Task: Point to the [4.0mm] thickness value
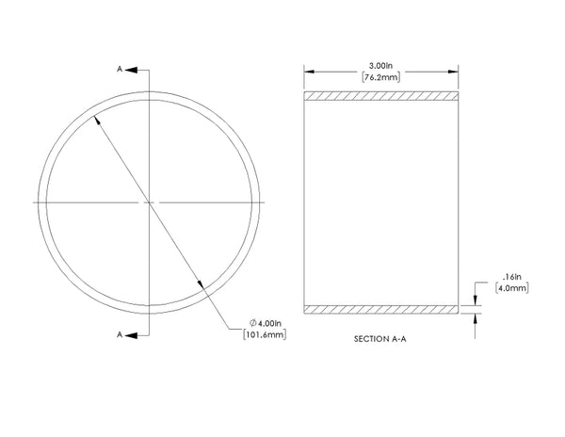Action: coord(502,290)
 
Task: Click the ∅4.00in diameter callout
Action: coord(265,323)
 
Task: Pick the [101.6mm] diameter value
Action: coord(266,334)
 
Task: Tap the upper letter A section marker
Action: coord(120,69)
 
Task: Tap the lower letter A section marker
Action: coord(120,333)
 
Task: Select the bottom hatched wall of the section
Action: coord(382,309)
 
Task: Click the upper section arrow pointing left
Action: coord(132,69)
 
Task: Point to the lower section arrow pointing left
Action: coord(132,333)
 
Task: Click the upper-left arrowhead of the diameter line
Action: coord(98,120)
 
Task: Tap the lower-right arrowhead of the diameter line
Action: coord(201,284)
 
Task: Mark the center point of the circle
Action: coord(150,202)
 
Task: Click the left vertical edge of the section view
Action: coord(304,202)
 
